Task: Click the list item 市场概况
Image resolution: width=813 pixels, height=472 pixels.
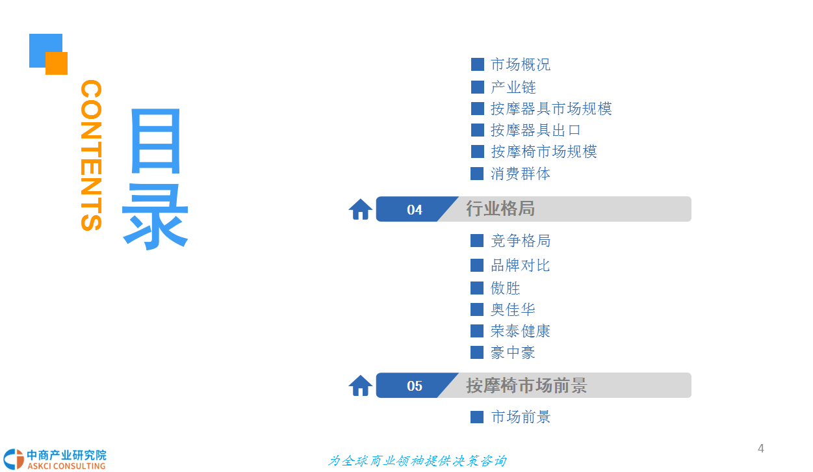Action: [520, 65]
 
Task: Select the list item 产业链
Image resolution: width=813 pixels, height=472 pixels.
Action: [513, 87]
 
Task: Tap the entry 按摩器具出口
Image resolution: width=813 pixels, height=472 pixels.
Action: [536, 130]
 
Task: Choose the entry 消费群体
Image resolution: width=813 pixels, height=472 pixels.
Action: [520, 174]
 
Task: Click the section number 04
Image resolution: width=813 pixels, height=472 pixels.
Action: [415, 209]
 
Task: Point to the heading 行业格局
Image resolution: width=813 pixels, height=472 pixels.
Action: [500, 209]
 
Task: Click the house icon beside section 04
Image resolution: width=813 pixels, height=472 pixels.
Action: [361, 209]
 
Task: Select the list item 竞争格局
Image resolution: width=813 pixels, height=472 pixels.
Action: [520, 241]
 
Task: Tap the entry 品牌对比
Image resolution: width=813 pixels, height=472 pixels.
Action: [520, 265]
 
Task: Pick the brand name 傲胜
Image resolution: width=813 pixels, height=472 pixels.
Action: [505, 288]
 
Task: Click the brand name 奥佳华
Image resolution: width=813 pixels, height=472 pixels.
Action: [513, 309]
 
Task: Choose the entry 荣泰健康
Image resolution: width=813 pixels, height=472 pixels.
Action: [520, 331]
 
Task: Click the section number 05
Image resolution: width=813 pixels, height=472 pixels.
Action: [415, 386]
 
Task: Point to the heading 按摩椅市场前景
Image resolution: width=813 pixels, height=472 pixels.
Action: [526, 386]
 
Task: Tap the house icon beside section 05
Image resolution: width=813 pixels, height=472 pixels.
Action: [361, 386]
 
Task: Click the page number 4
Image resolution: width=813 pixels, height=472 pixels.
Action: [761, 449]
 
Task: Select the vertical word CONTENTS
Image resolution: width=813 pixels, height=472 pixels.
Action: [91, 155]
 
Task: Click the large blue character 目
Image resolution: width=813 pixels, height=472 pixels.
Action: [155, 141]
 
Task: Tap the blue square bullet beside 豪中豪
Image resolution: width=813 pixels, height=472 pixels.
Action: [477, 352]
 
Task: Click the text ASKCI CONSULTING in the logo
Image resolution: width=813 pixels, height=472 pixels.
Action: [66, 465]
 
